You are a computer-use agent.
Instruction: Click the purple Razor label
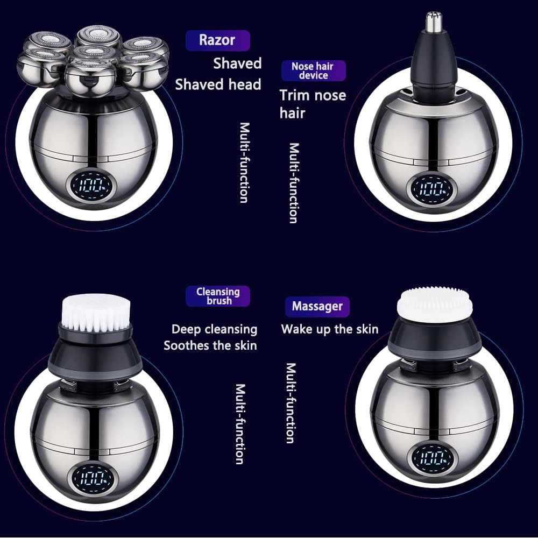(x=217, y=40)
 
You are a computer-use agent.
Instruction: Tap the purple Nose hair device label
(x=313, y=71)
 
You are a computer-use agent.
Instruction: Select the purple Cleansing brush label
(x=218, y=296)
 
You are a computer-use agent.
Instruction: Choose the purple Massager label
(x=317, y=307)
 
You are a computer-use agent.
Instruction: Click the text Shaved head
(x=218, y=84)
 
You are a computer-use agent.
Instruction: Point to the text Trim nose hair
(x=312, y=104)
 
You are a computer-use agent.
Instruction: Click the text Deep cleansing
(x=214, y=329)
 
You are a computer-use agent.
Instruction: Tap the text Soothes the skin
(x=210, y=345)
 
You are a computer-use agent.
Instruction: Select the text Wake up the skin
(x=329, y=329)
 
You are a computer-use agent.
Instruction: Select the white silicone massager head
(x=435, y=305)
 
